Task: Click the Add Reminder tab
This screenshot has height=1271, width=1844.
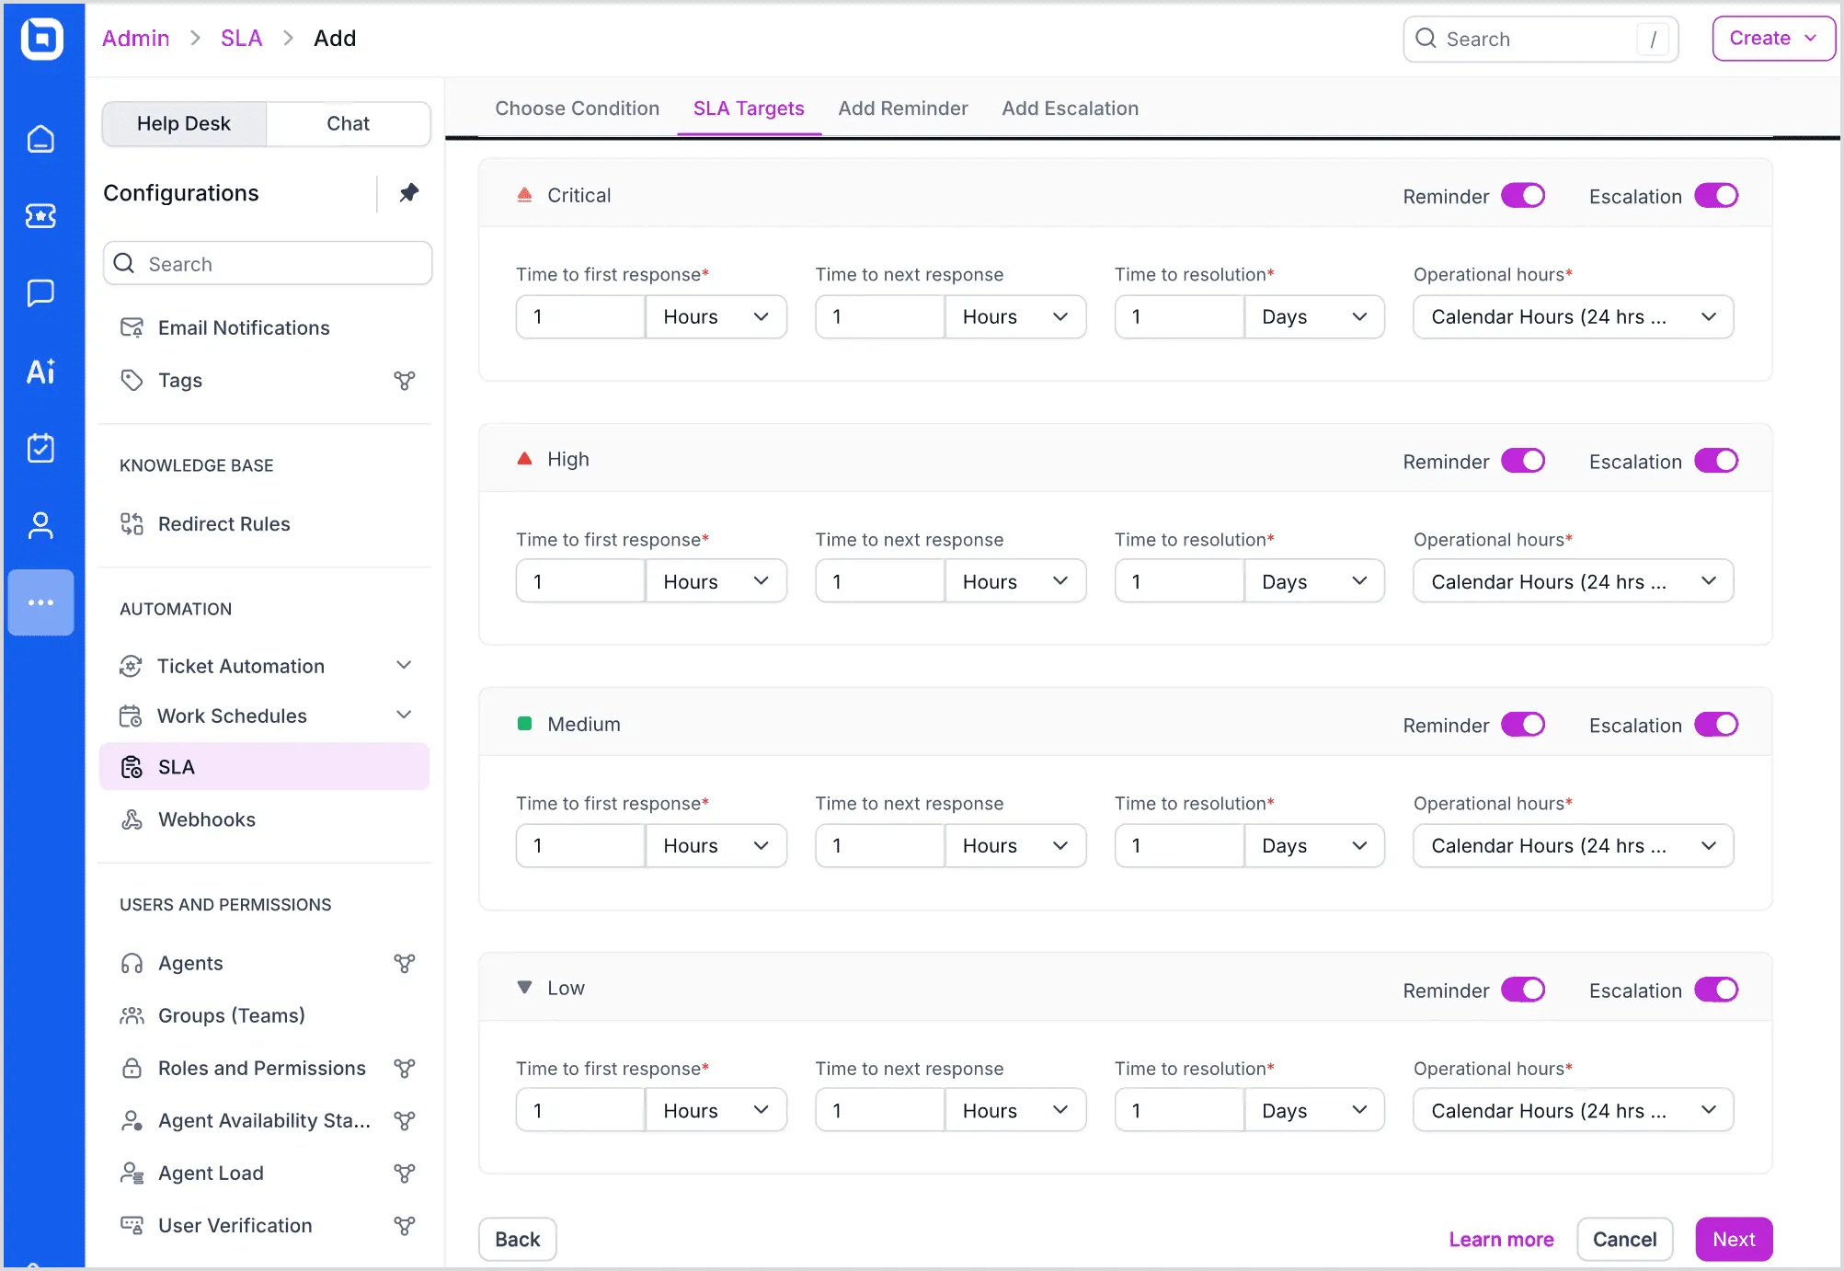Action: pyautogui.click(x=902, y=109)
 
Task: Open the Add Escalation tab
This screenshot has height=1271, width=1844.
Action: pyautogui.click(x=1070, y=109)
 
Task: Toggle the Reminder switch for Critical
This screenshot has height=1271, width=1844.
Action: pyautogui.click(x=1523, y=196)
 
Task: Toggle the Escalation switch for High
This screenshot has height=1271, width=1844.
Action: pyautogui.click(x=1716, y=461)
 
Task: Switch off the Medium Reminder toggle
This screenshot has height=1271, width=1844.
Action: pyautogui.click(x=1523, y=725)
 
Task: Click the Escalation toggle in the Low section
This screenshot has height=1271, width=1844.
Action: pyautogui.click(x=1716, y=990)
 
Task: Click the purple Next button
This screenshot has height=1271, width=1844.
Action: pyautogui.click(x=1734, y=1239)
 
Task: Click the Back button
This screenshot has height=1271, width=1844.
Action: pyautogui.click(x=517, y=1239)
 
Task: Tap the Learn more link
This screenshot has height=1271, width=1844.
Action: pyautogui.click(x=1501, y=1239)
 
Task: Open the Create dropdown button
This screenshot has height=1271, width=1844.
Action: pyautogui.click(x=1772, y=39)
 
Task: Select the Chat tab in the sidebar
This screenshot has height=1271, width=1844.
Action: pyautogui.click(x=348, y=124)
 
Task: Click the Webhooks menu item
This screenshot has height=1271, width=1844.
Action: pyautogui.click(x=207, y=819)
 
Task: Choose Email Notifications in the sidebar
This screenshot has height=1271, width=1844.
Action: pyautogui.click(x=244, y=328)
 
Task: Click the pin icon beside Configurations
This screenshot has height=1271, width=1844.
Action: pyautogui.click(x=409, y=193)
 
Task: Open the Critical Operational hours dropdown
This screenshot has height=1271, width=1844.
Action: pyautogui.click(x=1573, y=317)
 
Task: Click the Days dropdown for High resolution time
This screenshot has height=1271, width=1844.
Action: pyautogui.click(x=1313, y=581)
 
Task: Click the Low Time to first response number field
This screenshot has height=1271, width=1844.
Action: pyautogui.click(x=580, y=1110)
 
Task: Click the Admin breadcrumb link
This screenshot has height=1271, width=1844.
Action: pyautogui.click(x=135, y=39)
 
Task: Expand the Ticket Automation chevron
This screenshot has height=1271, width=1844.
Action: pyautogui.click(x=404, y=665)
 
